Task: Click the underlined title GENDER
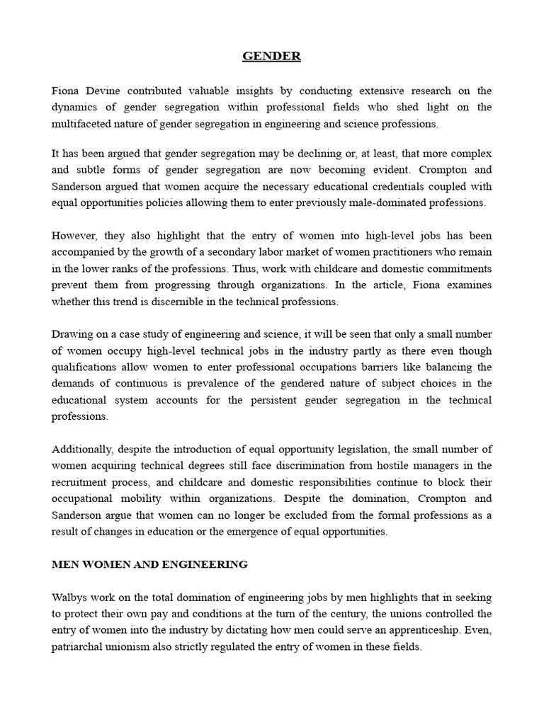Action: click(x=272, y=57)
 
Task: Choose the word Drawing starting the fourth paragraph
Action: click(x=73, y=334)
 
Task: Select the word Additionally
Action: click(x=81, y=449)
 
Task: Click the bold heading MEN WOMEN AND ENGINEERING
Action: click(x=149, y=564)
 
